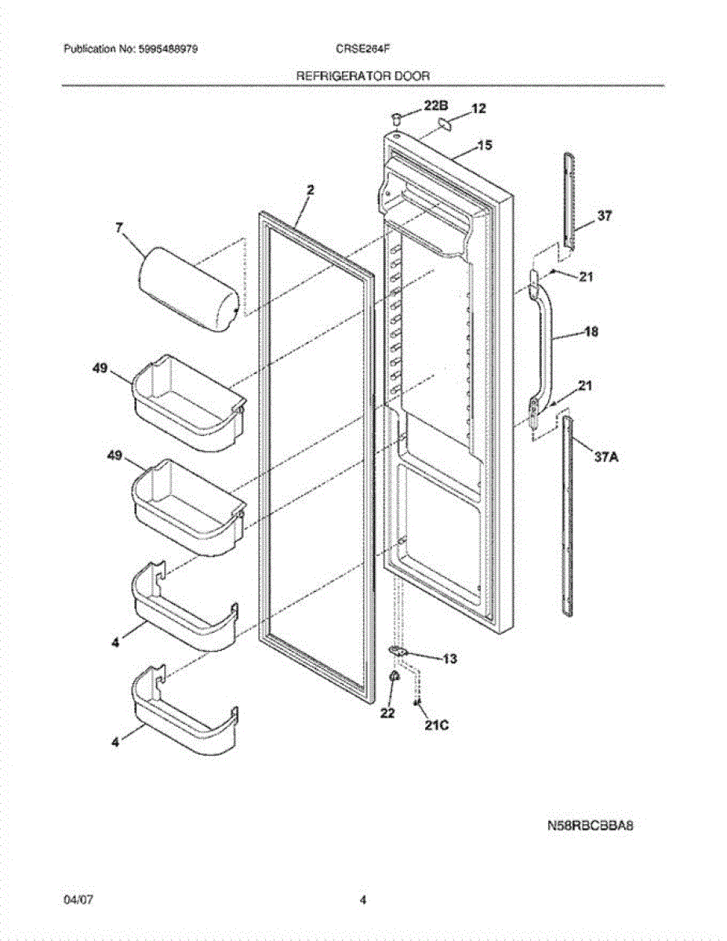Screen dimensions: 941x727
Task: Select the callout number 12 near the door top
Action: (x=478, y=109)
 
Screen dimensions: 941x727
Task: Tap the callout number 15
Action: (x=485, y=145)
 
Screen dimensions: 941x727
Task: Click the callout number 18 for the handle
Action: (x=590, y=332)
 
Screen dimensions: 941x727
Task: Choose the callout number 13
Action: (x=449, y=659)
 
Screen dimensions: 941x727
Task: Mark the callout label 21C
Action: (x=436, y=725)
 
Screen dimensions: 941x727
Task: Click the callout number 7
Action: (x=119, y=228)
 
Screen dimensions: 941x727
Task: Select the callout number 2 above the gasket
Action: (x=310, y=189)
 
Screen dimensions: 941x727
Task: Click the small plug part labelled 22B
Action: (x=396, y=118)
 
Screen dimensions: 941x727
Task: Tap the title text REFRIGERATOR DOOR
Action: (x=362, y=76)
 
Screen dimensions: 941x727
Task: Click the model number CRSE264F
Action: (x=363, y=49)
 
